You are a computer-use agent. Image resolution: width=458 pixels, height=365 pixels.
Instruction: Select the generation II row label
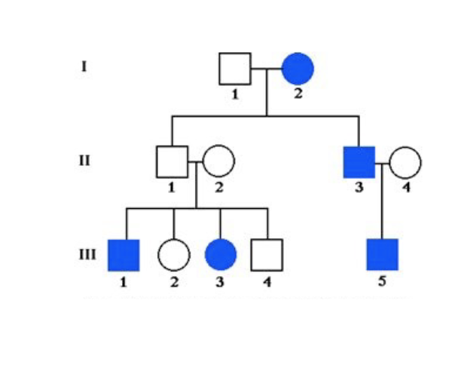pyautogui.click(x=85, y=160)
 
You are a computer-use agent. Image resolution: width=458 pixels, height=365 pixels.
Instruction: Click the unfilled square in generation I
pyautogui.click(x=234, y=69)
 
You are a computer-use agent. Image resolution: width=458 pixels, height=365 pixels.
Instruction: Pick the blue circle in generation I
pyautogui.click(x=298, y=69)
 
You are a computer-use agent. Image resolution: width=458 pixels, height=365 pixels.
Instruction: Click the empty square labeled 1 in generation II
pyautogui.click(x=172, y=161)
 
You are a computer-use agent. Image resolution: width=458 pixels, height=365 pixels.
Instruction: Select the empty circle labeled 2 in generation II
pyautogui.click(x=218, y=161)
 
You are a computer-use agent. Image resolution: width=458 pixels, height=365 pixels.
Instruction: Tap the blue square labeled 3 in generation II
pyautogui.click(x=359, y=161)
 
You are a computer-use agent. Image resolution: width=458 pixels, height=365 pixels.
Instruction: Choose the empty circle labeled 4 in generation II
pyautogui.click(x=405, y=161)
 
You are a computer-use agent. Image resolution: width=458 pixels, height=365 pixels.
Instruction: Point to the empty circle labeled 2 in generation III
pyautogui.click(x=173, y=255)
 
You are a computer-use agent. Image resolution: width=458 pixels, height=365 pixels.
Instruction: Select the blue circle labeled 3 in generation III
pyautogui.click(x=221, y=255)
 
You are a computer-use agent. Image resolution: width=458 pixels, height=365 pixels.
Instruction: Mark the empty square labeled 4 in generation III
pyautogui.click(x=267, y=255)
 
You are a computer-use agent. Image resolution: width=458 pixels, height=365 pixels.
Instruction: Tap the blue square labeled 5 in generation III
pyautogui.click(x=382, y=254)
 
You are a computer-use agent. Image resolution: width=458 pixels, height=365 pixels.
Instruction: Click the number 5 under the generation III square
pyautogui.click(x=382, y=282)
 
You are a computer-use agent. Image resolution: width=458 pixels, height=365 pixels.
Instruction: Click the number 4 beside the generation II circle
pyautogui.click(x=406, y=188)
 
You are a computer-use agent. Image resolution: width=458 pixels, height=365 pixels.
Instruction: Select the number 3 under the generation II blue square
pyautogui.click(x=359, y=188)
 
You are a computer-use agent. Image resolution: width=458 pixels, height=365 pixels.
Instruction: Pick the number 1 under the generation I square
pyautogui.click(x=234, y=95)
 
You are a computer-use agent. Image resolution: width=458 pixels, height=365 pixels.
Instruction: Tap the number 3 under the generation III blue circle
pyautogui.click(x=220, y=282)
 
